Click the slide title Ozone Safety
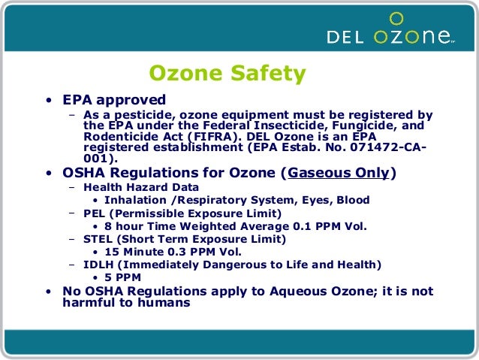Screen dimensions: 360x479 pyautogui.click(x=227, y=74)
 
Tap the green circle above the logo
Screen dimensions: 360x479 pyautogui.click(x=397, y=17)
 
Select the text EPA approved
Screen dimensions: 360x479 pyautogui.click(x=114, y=100)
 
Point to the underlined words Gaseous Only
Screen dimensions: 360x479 pyautogui.click(x=339, y=174)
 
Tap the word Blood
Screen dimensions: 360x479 pyautogui.click(x=352, y=200)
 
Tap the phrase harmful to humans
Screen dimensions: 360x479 pyautogui.click(x=126, y=304)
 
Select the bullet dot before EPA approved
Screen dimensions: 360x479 pyautogui.click(x=48, y=101)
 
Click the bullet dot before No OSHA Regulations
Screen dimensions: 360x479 pyautogui.click(x=48, y=292)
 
